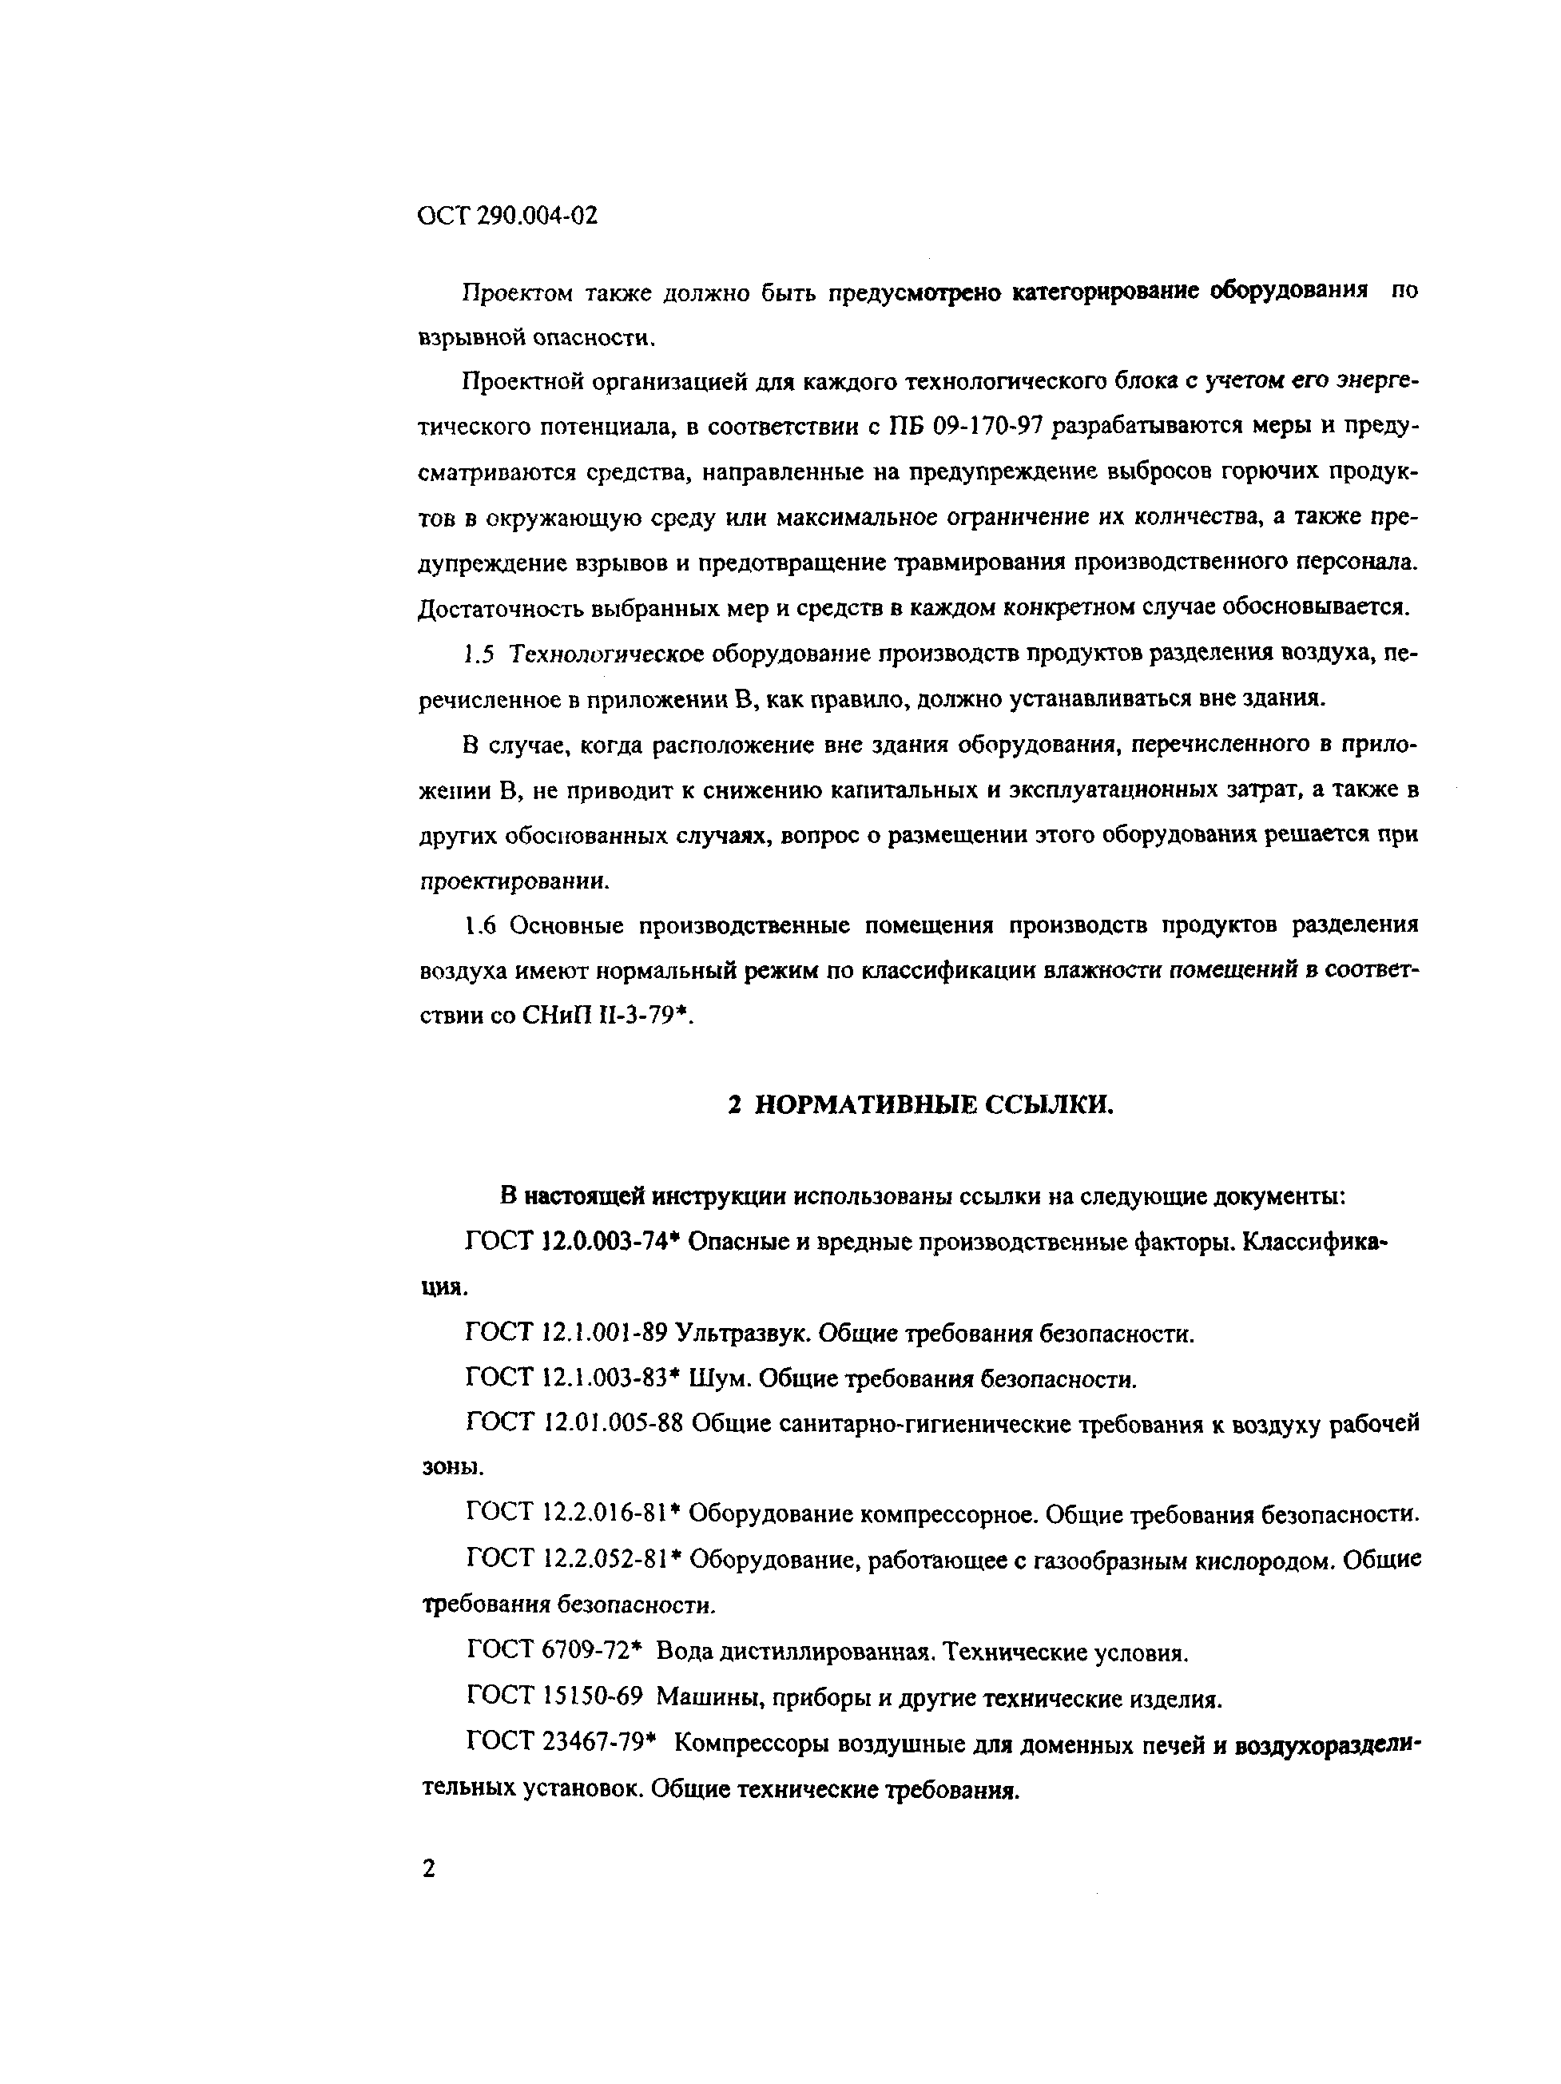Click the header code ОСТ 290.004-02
point(506,217)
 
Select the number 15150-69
point(593,1696)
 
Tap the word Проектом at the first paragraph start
point(516,293)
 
